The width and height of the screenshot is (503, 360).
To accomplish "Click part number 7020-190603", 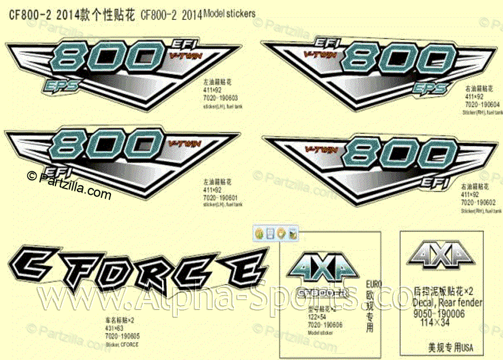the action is pos(221,98).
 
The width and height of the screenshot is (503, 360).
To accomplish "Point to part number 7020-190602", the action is pos(478,202).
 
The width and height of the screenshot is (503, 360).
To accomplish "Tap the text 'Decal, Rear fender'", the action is pos(447,303).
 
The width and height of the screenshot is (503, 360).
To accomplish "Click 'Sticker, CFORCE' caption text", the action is pos(122,344).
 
